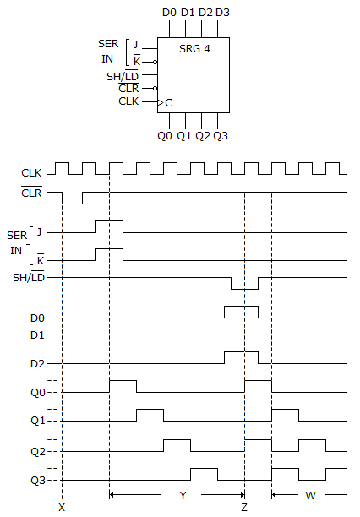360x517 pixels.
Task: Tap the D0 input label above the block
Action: pos(169,13)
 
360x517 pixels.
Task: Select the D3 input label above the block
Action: pos(221,13)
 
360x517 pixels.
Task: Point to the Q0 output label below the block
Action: pos(165,136)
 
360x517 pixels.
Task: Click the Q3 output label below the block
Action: pos(221,136)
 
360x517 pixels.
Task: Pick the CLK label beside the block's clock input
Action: pos(128,101)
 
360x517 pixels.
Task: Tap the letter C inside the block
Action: pos(169,102)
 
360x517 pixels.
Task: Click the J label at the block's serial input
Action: pos(135,44)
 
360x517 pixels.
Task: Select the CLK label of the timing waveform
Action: pos(31,173)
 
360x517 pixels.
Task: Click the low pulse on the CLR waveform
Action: pos(73,201)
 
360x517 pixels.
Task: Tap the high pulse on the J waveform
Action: pos(109,222)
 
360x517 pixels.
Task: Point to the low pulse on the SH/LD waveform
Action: pos(244,287)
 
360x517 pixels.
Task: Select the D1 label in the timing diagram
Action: pos(36,336)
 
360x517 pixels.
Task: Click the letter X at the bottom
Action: pos(62,507)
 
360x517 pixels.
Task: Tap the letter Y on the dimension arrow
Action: pos(183,496)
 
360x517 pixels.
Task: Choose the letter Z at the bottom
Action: pos(244,507)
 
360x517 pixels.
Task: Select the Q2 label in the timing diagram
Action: pos(36,452)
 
